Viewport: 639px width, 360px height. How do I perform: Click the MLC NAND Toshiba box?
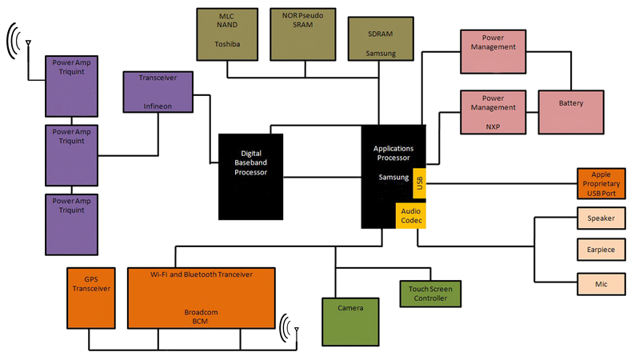[227, 31]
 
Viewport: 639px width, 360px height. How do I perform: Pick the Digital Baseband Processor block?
[250, 176]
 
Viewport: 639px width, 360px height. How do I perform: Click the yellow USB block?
[421, 183]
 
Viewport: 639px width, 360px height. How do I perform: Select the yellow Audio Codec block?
[410, 214]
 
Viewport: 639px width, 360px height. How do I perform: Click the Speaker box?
[600, 218]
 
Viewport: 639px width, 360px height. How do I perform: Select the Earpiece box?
[600, 250]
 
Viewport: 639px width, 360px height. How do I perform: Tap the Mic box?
[600, 283]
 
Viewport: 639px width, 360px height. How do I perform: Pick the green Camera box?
[350, 320]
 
